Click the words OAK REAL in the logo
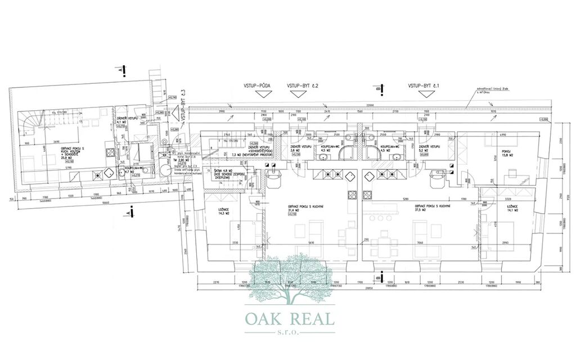(290, 318)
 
